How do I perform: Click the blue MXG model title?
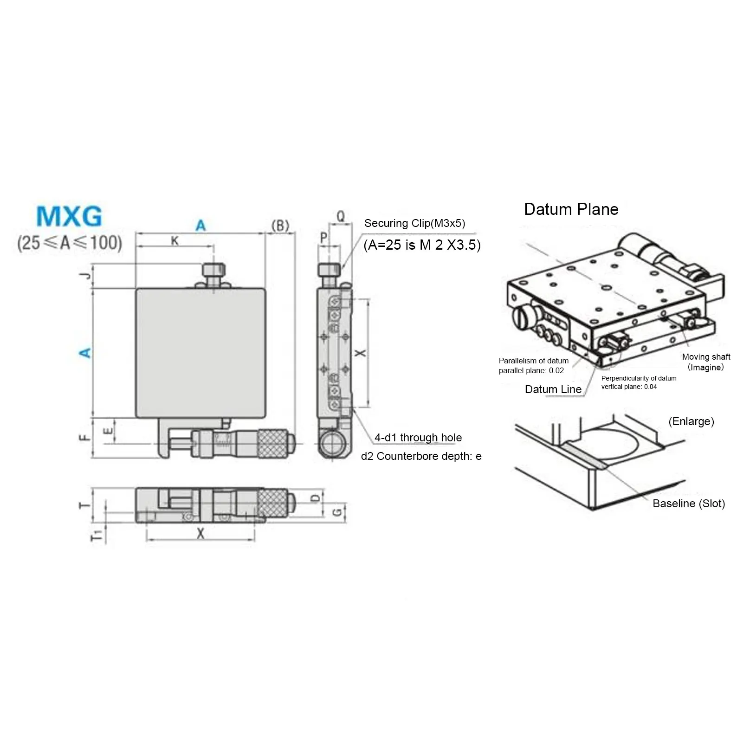point(69,216)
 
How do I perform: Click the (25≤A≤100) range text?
point(70,243)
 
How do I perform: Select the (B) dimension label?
point(280,226)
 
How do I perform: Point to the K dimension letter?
point(174,241)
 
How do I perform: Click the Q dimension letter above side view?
point(341,216)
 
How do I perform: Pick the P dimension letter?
point(323,238)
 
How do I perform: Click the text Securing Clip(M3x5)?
point(414,223)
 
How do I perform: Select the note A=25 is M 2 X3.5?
point(422,245)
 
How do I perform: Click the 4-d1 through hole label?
point(418,438)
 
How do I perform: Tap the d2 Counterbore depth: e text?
point(421,456)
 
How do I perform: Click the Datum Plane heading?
point(571,209)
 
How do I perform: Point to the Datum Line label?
point(553,389)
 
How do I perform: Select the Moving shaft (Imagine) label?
point(706,362)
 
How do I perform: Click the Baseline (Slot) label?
point(688,504)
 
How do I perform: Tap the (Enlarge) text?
point(691,421)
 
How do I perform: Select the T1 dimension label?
point(96,535)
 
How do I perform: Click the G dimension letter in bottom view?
point(337,512)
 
